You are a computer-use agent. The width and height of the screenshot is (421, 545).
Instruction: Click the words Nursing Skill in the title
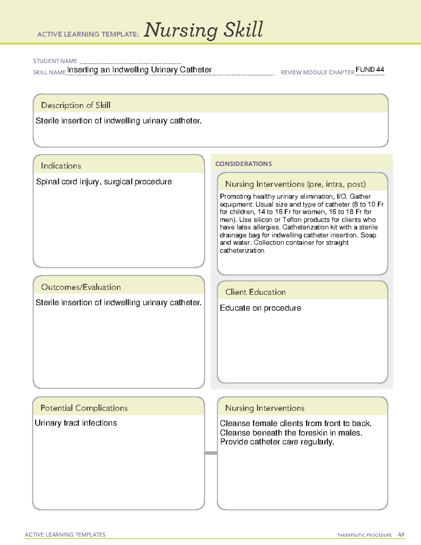[203, 30]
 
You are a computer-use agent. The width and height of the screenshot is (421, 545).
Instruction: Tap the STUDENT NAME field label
[55, 61]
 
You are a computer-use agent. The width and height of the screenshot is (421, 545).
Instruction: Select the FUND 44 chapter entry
[370, 69]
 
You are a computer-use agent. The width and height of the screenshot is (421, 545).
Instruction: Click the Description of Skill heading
[75, 105]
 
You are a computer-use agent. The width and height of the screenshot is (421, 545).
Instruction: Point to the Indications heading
[61, 166]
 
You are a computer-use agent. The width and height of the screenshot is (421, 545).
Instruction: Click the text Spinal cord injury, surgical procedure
[104, 182]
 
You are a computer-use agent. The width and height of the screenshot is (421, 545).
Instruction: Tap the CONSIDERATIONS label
[243, 164]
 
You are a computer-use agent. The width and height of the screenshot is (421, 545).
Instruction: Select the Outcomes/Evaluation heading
[81, 287]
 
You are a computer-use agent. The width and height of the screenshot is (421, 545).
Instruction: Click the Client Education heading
[255, 292]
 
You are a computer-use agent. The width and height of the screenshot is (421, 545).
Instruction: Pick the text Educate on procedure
[260, 308]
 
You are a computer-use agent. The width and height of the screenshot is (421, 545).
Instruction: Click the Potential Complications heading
[84, 408]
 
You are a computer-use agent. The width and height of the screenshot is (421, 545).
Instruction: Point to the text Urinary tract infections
[76, 423]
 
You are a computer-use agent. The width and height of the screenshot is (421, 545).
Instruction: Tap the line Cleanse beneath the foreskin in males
[291, 433]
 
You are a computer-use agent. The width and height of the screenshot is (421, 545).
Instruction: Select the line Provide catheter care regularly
[277, 442]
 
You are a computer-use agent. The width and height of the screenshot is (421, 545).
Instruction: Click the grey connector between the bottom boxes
[211, 453]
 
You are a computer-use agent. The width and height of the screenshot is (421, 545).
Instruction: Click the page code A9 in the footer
[401, 535]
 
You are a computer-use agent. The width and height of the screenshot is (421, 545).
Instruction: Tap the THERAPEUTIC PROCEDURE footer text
[364, 535]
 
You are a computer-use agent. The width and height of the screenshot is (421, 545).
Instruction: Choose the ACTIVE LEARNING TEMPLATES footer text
[65, 534]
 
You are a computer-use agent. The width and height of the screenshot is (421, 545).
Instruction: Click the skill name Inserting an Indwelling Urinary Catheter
[139, 70]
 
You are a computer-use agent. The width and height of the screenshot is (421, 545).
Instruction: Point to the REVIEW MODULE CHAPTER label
[317, 72]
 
